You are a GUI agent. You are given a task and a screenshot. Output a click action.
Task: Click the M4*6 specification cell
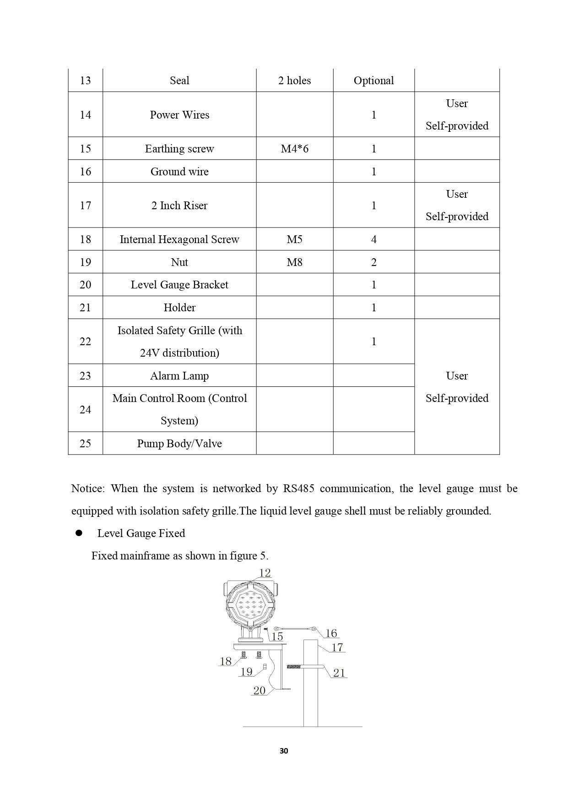294,149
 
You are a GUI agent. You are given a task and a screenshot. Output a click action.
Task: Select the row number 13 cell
85,81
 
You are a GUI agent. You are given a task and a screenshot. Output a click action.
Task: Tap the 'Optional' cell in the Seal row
373,81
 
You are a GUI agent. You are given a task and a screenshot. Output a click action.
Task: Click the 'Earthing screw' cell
179,149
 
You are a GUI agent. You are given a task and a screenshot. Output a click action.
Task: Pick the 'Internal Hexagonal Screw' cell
179,239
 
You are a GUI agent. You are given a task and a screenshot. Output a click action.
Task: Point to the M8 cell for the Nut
294,262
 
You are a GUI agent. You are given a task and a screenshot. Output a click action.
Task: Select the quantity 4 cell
373,239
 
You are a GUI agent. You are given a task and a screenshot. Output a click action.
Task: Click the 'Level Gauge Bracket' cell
179,285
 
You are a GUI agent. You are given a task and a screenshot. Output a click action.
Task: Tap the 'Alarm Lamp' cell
179,376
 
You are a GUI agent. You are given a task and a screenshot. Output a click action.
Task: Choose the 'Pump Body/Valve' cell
179,444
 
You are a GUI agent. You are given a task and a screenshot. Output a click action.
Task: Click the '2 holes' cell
294,81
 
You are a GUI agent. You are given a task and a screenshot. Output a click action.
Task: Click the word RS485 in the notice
298,488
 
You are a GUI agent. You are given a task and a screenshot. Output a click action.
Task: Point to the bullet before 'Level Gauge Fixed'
78,533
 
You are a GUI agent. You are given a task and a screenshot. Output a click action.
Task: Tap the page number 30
284,751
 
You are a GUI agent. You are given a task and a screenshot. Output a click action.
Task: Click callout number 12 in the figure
265,573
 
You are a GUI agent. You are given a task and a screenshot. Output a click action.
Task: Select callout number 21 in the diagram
339,673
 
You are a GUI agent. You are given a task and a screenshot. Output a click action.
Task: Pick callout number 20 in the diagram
259,690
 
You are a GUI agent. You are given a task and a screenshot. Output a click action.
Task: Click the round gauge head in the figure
250,604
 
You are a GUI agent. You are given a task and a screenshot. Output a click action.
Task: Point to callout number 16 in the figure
331,634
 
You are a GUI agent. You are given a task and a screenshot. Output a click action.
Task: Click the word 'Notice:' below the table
88,488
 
